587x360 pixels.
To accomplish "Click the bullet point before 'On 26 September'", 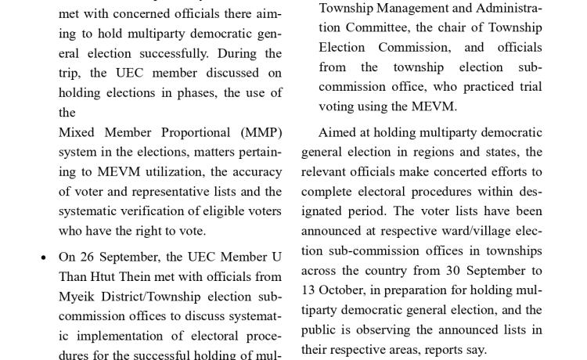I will (x=43, y=257).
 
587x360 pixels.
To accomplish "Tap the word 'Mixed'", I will (x=77, y=132).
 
